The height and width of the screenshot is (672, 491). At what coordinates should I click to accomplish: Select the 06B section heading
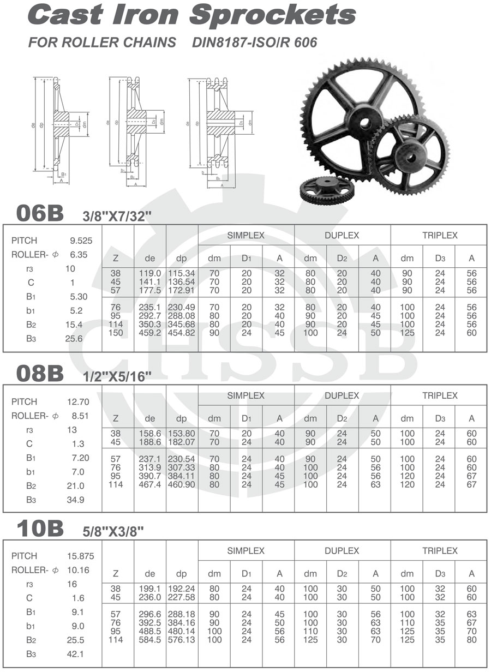click(x=40, y=213)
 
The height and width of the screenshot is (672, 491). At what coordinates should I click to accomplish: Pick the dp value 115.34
click(x=182, y=273)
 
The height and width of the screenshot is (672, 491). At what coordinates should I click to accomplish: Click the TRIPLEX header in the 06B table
click(x=439, y=236)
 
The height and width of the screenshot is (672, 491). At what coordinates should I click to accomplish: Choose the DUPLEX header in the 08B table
click(x=342, y=395)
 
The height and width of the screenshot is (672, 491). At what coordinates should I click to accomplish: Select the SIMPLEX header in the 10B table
click(x=245, y=551)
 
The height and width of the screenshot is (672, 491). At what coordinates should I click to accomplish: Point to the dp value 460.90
click(x=182, y=484)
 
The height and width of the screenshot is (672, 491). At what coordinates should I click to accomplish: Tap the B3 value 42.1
click(x=78, y=655)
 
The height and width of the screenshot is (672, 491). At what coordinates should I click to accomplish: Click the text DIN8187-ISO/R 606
click(x=254, y=42)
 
